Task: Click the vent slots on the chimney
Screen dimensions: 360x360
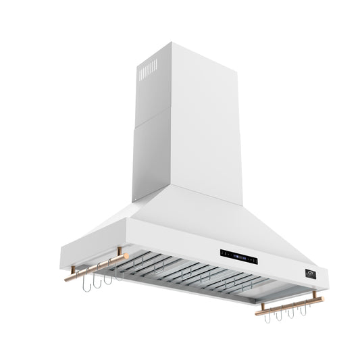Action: pyautogui.click(x=147, y=70)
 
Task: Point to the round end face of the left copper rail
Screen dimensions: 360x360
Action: pyautogui.click(x=67, y=278)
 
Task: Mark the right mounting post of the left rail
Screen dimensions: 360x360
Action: pyautogui.click(x=120, y=252)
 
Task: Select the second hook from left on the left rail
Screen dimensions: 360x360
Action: pyautogui.click(x=96, y=280)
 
